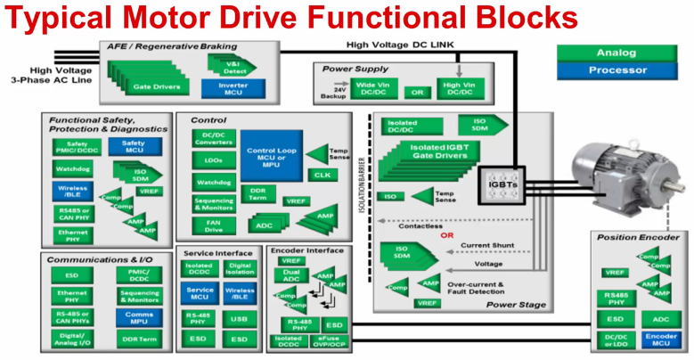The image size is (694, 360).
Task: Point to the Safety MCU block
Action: coord(133,148)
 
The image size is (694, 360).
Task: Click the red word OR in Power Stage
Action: coord(447,237)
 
